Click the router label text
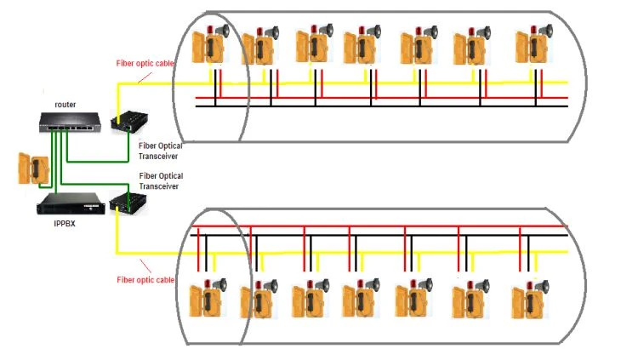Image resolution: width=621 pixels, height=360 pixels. pos(65,105)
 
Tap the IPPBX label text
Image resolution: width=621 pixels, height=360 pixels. pos(64,223)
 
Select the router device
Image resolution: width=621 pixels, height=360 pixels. pos(70,123)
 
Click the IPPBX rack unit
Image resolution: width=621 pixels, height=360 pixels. pos(71,203)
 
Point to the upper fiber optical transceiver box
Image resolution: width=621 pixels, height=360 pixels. pos(129,121)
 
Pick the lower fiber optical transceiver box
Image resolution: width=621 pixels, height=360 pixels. pos(128,203)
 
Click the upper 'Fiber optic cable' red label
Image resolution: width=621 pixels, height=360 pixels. pos(145,63)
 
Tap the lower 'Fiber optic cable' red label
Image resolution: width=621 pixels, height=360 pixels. pos(145,280)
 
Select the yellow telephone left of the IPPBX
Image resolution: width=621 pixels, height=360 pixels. pos(34,169)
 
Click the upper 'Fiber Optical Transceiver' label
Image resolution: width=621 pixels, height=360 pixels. pos(161,151)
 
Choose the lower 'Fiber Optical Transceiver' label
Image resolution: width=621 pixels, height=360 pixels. pos(161,181)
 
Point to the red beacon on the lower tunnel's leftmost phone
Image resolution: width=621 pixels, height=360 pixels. pos(208,283)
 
